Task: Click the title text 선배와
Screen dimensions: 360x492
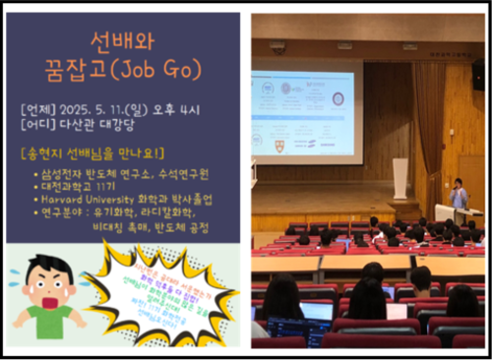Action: click(x=123, y=40)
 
